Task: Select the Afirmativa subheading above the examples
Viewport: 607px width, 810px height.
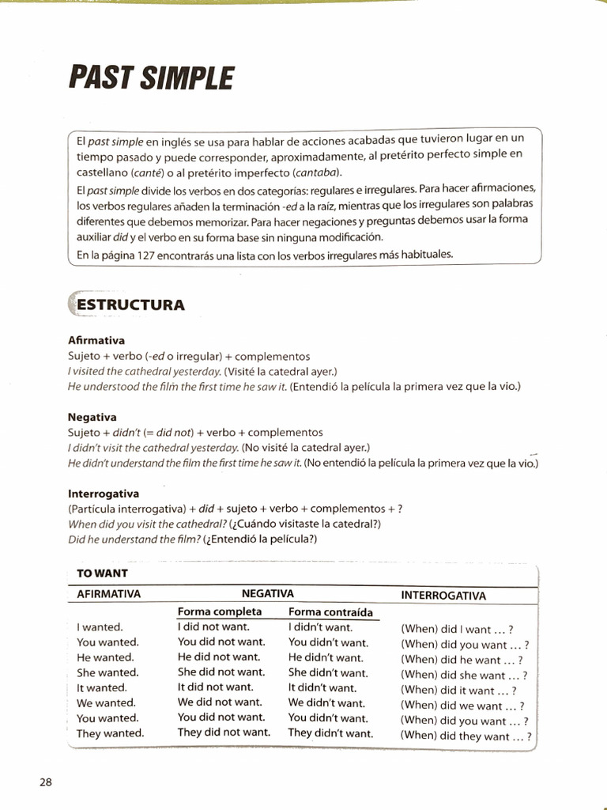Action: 96,341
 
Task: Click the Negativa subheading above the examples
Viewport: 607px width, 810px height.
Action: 92,417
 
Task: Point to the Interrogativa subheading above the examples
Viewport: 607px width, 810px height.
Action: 104,493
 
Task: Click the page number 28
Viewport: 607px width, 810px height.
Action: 45,782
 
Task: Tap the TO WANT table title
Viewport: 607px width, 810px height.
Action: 103,573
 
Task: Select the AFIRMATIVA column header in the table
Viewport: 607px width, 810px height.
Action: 108,593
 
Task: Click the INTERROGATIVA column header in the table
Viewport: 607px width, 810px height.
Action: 443,596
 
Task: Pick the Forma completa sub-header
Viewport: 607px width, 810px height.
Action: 219,611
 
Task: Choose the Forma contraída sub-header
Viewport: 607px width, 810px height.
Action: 330,611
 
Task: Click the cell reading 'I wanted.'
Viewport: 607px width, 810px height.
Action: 100,627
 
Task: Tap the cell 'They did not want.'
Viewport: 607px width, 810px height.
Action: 224,732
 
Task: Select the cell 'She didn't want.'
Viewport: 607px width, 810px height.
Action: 328,672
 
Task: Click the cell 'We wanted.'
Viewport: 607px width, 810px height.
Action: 106,702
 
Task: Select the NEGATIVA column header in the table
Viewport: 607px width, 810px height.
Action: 267,592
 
